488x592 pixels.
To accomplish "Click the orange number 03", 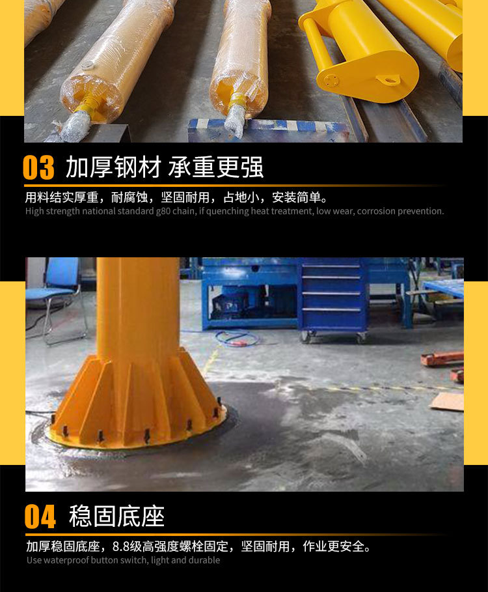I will tap(38, 168).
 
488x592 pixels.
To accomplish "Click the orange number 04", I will tap(40, 517).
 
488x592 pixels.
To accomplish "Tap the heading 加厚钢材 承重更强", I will tap(164, 168).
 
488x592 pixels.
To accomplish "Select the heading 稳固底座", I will tap(116, 516).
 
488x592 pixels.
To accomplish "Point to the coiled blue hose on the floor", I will tap(237, 338).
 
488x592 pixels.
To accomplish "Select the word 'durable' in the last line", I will tap(205, 560).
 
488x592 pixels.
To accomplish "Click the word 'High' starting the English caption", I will tap(34, 211).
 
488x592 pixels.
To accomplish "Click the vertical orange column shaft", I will tap(138, 306).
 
